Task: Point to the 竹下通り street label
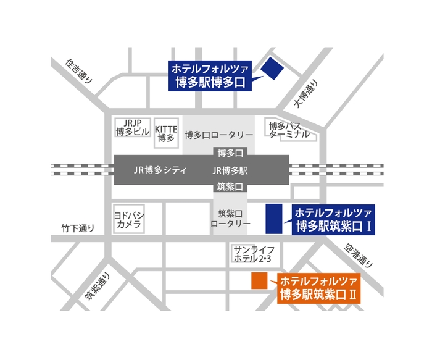(78, 228)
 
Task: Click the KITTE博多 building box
(166, 133)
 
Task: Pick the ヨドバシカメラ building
(128, 220)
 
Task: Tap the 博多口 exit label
(230, 152)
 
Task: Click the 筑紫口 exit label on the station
(230, 186)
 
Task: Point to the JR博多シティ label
(160, 169)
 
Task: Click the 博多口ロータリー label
(219, 135)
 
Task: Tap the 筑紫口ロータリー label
(230, 218)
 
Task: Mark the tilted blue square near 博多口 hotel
(270, 68)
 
